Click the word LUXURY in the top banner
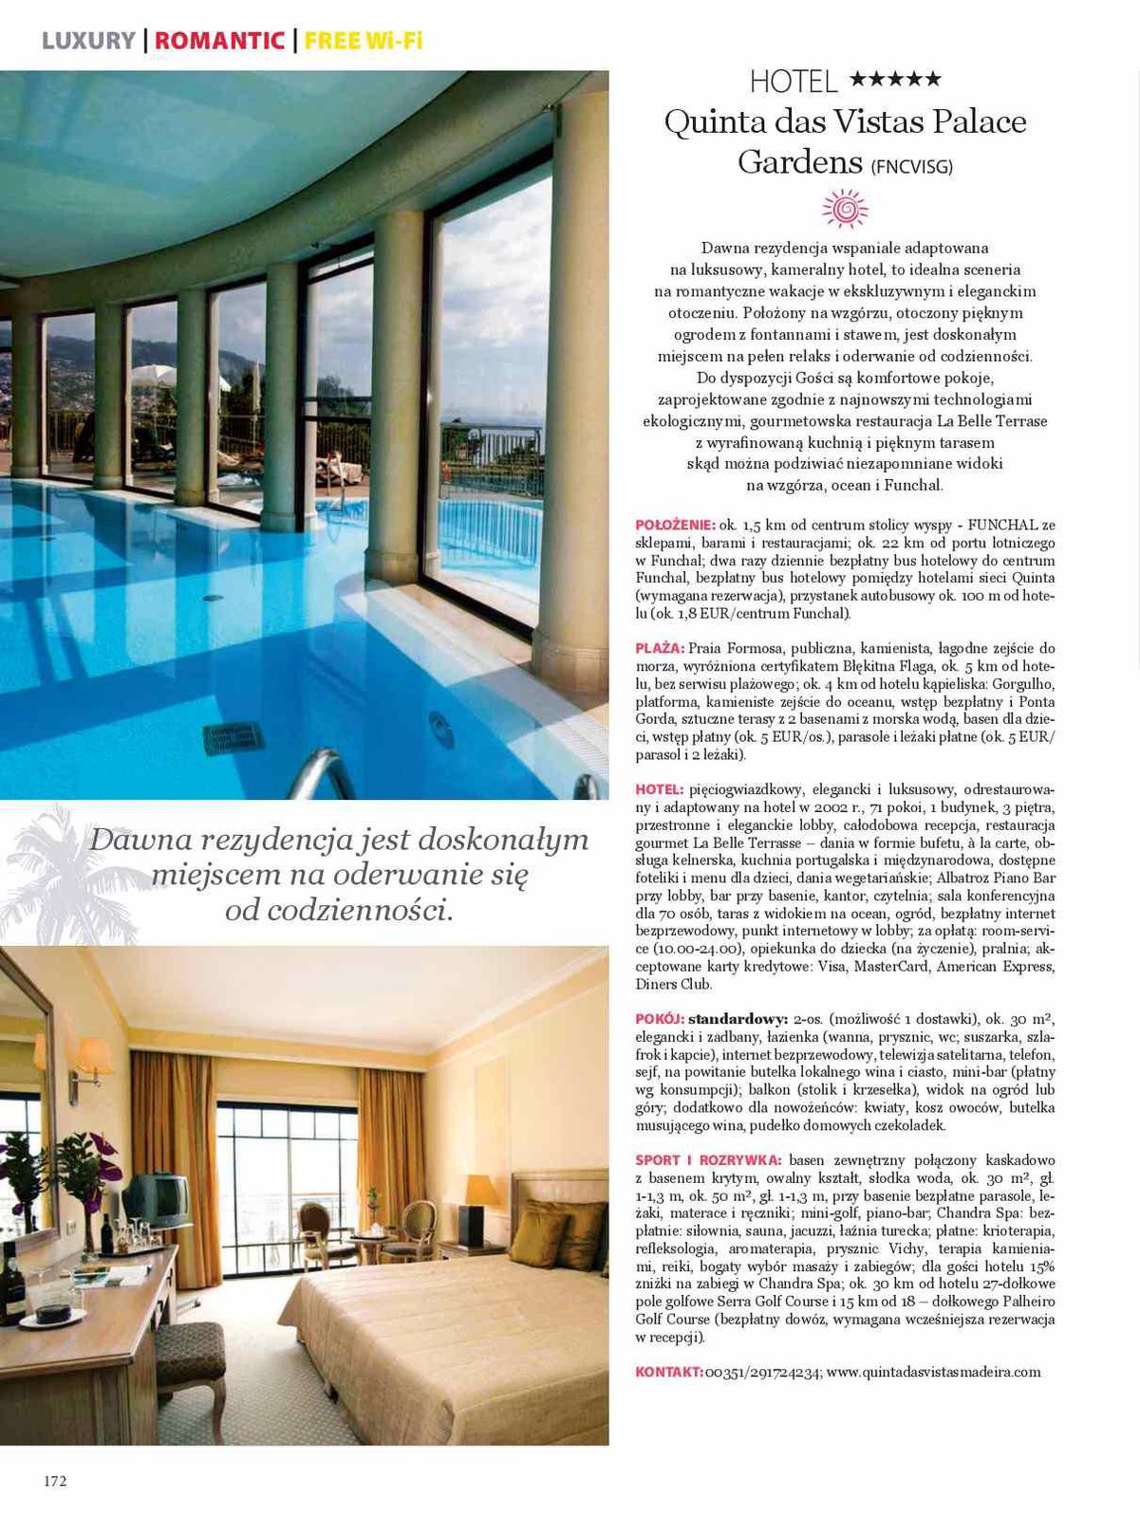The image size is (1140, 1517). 88,41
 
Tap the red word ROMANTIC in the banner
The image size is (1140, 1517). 219,41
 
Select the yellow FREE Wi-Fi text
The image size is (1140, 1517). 363,41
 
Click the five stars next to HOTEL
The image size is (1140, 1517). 895,79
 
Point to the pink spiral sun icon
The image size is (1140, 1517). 845,209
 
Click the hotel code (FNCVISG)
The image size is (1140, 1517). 911,167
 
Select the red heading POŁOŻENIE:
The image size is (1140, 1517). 675,525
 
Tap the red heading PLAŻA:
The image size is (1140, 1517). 660,649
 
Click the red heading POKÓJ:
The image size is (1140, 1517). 660,1020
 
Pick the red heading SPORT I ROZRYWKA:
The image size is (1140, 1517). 708,1160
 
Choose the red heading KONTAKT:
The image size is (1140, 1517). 669,1372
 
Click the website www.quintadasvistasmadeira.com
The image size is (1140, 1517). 933,1372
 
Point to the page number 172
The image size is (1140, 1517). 55,1481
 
